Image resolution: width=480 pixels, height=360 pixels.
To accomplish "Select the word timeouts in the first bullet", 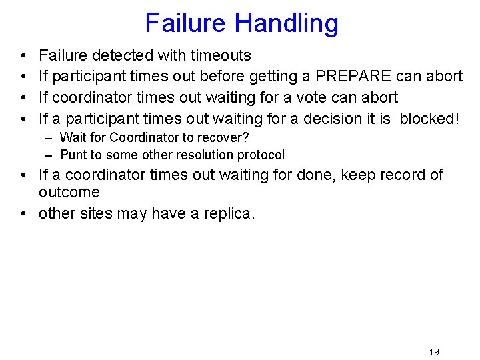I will [221, 55].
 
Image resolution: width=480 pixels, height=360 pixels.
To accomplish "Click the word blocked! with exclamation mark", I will [430, 119].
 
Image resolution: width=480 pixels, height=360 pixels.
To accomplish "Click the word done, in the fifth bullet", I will [317, 175].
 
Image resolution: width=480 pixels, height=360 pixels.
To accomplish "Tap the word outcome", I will [69, 193].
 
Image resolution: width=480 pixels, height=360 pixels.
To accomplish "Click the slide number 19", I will [434, 352].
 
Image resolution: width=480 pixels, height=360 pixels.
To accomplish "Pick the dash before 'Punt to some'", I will [50, 155].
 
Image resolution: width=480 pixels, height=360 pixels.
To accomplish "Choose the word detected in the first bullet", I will [123, 55].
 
